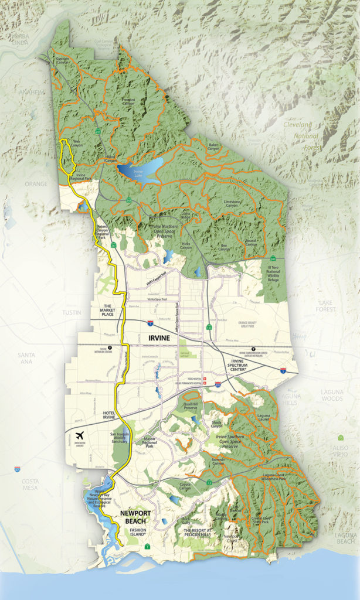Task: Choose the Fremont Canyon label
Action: [128, 103]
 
